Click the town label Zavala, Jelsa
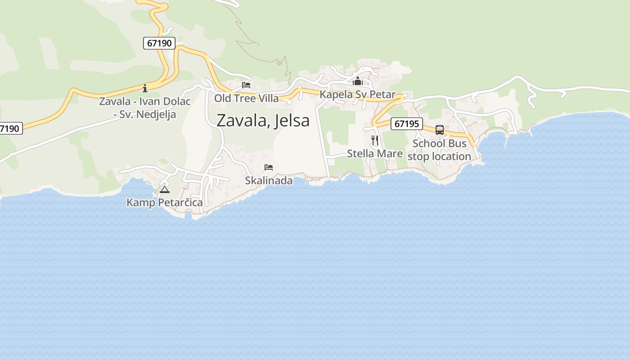263,121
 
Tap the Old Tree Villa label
246,98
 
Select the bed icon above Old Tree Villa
246,85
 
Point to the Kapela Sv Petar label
357,94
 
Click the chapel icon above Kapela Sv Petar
358,81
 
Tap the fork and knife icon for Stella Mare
375,140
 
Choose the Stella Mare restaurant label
375,153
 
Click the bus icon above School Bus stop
440,130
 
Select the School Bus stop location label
439,150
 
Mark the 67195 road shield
406,124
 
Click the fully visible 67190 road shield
159,43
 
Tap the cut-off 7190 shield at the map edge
10,129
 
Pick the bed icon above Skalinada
269,167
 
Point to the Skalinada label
269,180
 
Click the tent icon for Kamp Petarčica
165,189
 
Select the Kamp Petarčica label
165,202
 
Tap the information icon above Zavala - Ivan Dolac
145,88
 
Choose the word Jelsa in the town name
292,121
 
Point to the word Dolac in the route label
177,101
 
